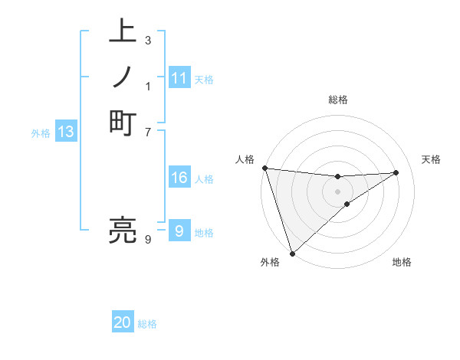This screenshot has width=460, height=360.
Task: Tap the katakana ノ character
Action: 123,77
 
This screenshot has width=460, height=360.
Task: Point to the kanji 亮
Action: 123,231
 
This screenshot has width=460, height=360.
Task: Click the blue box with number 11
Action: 179,78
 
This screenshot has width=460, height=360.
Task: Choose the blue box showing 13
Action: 66,132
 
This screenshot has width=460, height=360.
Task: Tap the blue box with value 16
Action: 179,178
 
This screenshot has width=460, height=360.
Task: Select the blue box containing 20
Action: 123,322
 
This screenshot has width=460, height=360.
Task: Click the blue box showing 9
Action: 179,231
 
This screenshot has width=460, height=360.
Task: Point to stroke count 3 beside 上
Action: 147,40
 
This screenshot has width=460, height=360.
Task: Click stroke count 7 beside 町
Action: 147,131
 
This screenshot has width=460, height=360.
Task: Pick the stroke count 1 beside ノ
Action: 147,85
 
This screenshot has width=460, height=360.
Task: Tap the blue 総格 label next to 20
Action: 147,324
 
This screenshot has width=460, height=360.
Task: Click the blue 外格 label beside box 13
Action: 41,133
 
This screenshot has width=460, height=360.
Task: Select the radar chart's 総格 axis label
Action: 337,100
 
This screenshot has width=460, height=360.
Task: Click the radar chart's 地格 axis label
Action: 402,262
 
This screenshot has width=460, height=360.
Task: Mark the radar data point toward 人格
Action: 264,168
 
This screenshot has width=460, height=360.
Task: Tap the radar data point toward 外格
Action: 292,253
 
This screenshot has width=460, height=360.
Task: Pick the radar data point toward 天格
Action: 396,172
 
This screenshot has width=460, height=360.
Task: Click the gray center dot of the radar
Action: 337,191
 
